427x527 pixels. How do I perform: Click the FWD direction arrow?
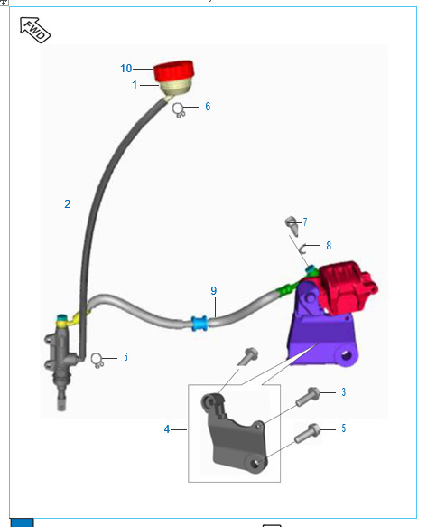34,30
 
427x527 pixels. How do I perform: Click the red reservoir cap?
174,71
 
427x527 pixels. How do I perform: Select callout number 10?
126,69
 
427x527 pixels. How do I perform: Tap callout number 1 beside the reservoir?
135,85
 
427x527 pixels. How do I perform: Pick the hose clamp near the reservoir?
179,110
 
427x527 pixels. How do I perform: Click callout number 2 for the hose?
68,204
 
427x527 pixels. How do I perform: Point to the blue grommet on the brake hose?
200,323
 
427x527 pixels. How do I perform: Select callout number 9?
214,291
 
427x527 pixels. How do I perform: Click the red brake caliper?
347,287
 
